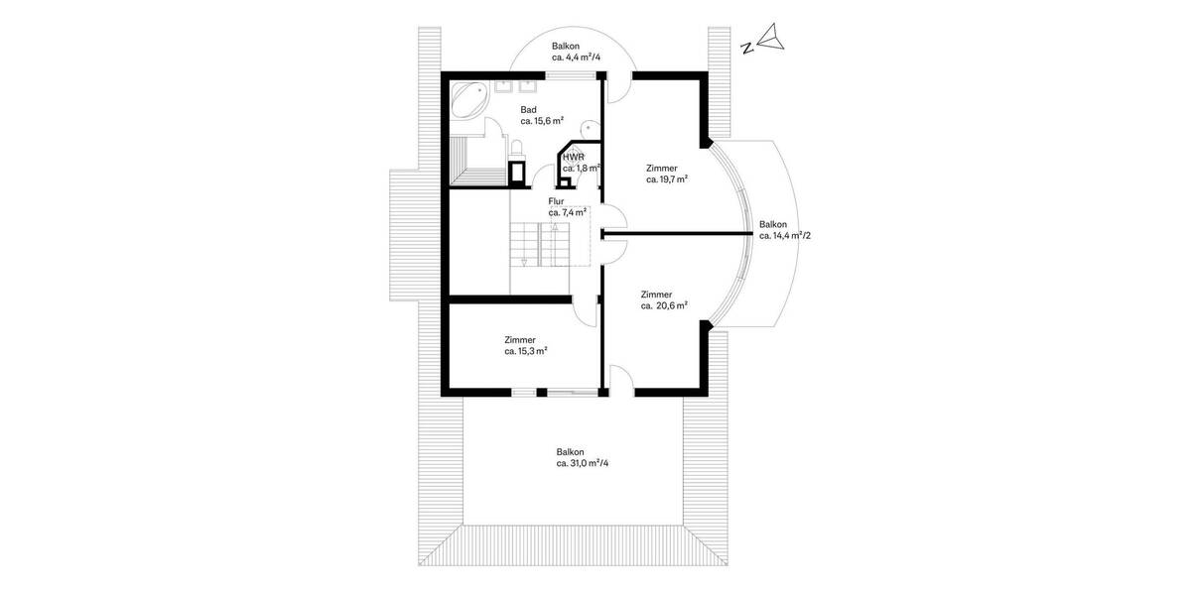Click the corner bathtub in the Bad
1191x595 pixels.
(467, 100)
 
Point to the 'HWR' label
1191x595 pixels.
(573, 157)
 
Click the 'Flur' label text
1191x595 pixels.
(556, 200)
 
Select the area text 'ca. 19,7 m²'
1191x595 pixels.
(667, 180)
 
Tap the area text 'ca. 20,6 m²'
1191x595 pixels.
(664, 306)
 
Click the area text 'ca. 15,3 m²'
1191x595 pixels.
(526, 351)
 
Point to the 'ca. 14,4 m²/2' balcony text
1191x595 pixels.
(785, 236)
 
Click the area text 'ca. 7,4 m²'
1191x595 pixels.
(568, 212)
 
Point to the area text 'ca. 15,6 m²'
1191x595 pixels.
(542, 121)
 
